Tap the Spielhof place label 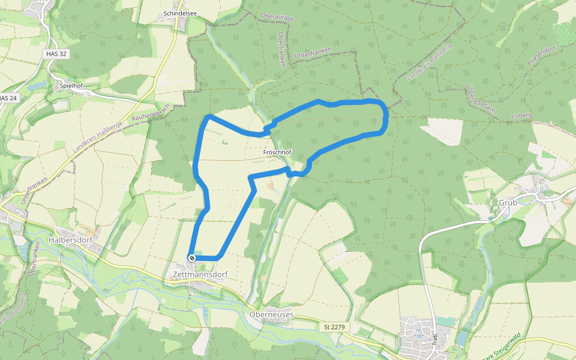pos(71,86)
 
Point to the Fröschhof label pos(277,153)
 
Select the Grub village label pos(508,203)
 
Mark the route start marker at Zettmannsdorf pos(191,257)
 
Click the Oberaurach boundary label pos(277,18)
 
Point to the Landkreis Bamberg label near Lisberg pos(428,62)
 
